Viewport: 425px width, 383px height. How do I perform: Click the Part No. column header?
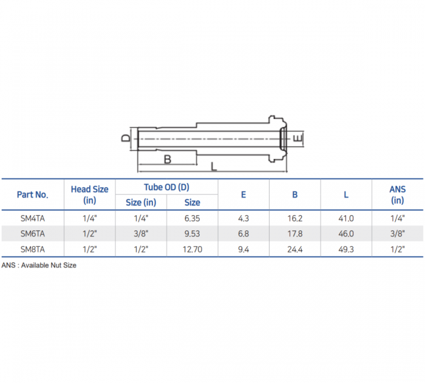coord(32,195)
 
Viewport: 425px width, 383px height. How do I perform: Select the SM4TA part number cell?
coord(32,218)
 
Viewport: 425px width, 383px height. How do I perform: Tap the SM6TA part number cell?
coord(32,233)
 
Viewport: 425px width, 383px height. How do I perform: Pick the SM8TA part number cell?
coord(32,249)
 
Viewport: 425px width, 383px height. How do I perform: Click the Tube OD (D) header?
coord(166,187)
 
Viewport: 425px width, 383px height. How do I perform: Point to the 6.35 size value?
coord(192,218)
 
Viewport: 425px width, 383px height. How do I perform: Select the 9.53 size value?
coord(192,233)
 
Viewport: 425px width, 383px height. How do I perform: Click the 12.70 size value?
coord(192,249)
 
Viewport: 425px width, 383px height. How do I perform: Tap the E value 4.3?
coord(243,218)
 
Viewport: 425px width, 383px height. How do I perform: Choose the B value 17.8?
coord(294,233)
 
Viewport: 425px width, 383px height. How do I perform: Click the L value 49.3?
coord(346,249)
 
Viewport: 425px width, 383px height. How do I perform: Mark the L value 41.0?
coord(346,218)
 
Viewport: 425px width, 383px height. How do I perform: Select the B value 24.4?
coord(294,249)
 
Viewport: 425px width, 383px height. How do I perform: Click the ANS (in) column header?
coord(398,195)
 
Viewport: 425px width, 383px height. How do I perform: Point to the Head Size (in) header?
coord(89,195)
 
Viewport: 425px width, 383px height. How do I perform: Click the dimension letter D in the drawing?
coord(125,138)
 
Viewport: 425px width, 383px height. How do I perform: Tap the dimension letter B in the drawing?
coord(167,159)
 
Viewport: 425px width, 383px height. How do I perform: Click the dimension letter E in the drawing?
coord(297,139)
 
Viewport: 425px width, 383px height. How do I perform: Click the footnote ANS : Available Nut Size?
coord(39,265)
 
